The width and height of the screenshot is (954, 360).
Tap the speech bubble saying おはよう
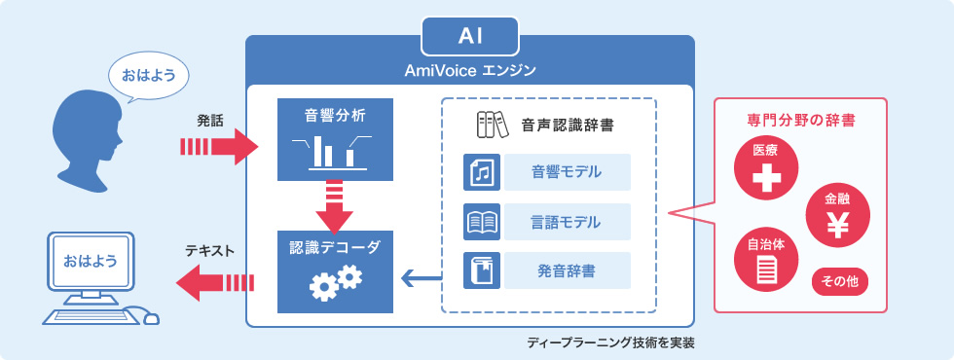(x=148, y=76)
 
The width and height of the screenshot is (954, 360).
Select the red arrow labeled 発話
(x=220, y=147)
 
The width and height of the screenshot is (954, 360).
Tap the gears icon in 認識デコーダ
(x=335, y=282)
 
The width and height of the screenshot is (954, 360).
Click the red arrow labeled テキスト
(x=215, y=283)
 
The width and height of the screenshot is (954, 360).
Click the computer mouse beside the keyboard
(x=150, y=317)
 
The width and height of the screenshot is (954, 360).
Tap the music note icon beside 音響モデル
(x=482, y=172)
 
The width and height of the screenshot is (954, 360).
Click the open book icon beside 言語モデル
(x=482, y=222)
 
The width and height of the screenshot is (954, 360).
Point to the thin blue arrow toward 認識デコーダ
(x=421, y=279)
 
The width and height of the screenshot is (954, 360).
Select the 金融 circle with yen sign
(x=838, y=215)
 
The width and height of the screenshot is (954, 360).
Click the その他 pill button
(x=839, y=282)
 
